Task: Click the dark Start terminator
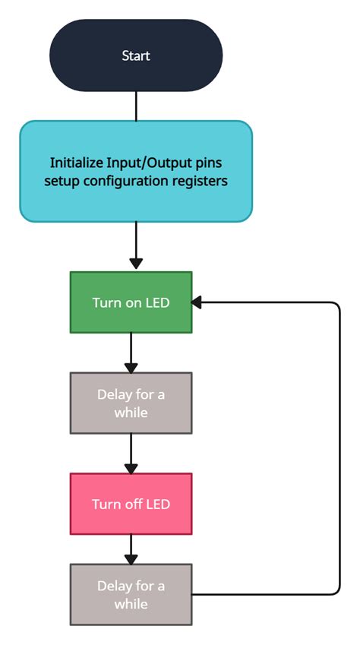pyautogui.click(x=136, y=55)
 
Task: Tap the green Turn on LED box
pyautogui.click(x=131, y=302)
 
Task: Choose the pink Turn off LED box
pyautogui.click(x=131, y=504)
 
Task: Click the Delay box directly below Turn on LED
pyautogui.click(x=131, y=403)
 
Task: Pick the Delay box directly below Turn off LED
pyautogui.click(x=131, y=595)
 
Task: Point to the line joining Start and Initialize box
pyautogui.click(x=136, y=106)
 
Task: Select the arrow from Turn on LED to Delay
pyautogui.click(x=131, y=352)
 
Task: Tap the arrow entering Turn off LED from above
pyautogui.click(x=131, y=453)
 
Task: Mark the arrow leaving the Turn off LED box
pyautogui.click(x=131, y=548)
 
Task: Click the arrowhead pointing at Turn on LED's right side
pyautogui.click(x=197, y=302)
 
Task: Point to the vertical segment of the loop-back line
pyautogui.click(x=339, y=448)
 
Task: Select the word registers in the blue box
pyautogui.click(x=202, y=182)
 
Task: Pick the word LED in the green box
pyautogui.click(x=156, y=302)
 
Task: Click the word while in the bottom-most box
pyautogui.click(x=131, y=604)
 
